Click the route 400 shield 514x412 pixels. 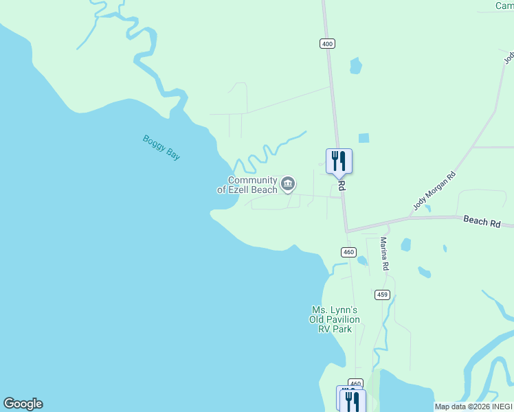coord(327,43)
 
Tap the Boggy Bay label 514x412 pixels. coord(161,148)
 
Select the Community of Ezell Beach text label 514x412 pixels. coord(247,185)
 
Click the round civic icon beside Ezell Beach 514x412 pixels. coord(289,183)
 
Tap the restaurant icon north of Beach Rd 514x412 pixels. coord(339,161)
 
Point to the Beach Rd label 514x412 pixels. coord(482,221)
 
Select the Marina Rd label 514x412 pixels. coord(385,253)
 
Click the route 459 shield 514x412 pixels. coord(383,295)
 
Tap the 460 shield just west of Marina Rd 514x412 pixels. coord(348,252)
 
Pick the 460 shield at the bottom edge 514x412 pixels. coord(355,383)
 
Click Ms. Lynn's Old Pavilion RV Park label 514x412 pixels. coord(335,319)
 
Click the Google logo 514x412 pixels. coord(23,404)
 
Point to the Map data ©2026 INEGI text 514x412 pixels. coord(473,407)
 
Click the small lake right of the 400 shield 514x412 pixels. coord(355,66)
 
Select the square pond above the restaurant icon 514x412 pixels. coord(364,138)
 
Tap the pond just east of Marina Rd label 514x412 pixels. coord(405,244)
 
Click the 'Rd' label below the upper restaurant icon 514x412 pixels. coord(341,186)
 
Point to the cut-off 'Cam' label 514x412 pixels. coord(504,5)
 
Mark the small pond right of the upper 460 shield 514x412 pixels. coord(362,260)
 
